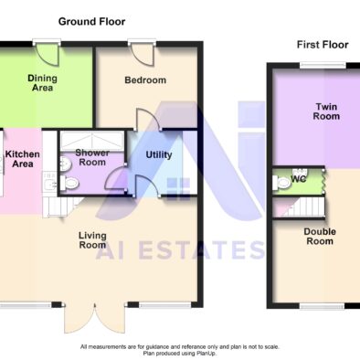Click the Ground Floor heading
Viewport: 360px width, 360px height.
(91, 22)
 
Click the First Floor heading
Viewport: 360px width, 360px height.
(323, 45)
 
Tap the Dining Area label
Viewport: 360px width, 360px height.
(42, 83)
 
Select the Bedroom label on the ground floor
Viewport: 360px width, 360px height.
(145, 80)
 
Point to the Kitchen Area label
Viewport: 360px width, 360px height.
(23, 159)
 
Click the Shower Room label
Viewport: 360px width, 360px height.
(92, 157)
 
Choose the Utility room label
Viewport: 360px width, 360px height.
(159, 154)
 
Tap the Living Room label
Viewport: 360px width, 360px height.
(92, 240)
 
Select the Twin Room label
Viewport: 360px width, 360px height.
(326, 111)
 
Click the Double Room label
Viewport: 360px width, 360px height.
(320, 237)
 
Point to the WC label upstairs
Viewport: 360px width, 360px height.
(298, 179)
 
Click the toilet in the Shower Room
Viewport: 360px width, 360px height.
(69, 184)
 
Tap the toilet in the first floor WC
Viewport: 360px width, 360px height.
(281, 183)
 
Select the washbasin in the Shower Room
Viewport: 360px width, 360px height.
(65, 164)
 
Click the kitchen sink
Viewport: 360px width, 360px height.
(49, 184)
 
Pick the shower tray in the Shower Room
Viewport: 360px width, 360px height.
(91, 141)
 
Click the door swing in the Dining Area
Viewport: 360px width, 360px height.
(48, 55)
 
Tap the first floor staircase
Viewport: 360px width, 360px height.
(299, 207)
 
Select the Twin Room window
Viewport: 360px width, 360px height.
(323, 65)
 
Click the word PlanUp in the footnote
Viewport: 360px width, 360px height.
(207, 354)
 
